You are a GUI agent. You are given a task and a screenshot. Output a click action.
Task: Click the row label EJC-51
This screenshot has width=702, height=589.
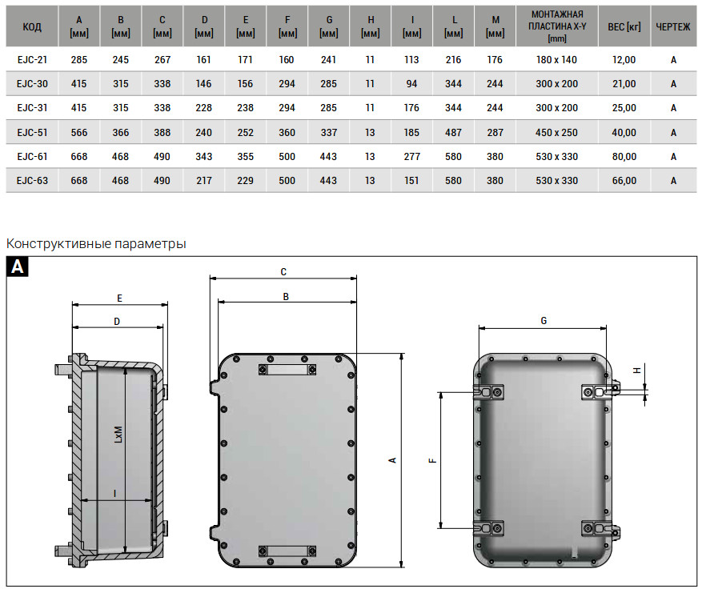pos(32,133)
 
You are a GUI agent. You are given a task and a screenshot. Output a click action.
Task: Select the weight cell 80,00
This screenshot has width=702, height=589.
pos(624,157)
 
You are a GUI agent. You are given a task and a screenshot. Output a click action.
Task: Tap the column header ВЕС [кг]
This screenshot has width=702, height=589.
pos(624,27)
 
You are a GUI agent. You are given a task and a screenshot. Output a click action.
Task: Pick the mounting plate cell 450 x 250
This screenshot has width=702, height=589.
pos(556,133)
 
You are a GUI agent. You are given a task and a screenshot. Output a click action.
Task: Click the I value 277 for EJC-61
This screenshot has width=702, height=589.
pos(411,157)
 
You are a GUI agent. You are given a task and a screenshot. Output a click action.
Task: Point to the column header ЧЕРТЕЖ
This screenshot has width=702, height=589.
pos(673,27)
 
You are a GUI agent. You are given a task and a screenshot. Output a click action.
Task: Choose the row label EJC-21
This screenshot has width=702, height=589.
pos(32,59)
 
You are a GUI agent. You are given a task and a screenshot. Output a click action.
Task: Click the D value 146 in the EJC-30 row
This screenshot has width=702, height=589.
pos(203,84)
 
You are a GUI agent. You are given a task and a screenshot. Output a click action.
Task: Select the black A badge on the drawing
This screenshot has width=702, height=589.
pos(18,266)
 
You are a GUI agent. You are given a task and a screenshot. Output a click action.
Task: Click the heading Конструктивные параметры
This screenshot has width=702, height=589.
pos(96,244)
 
